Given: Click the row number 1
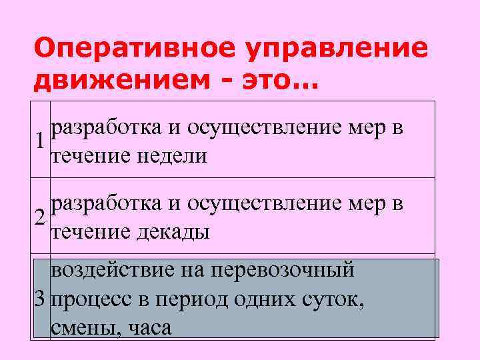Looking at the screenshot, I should pyautogui.click(x=41, y=141).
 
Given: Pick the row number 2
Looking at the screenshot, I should pyautogui.click(x=41, y=217).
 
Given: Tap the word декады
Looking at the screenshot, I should pyautogui.click(x=175, y=233).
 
